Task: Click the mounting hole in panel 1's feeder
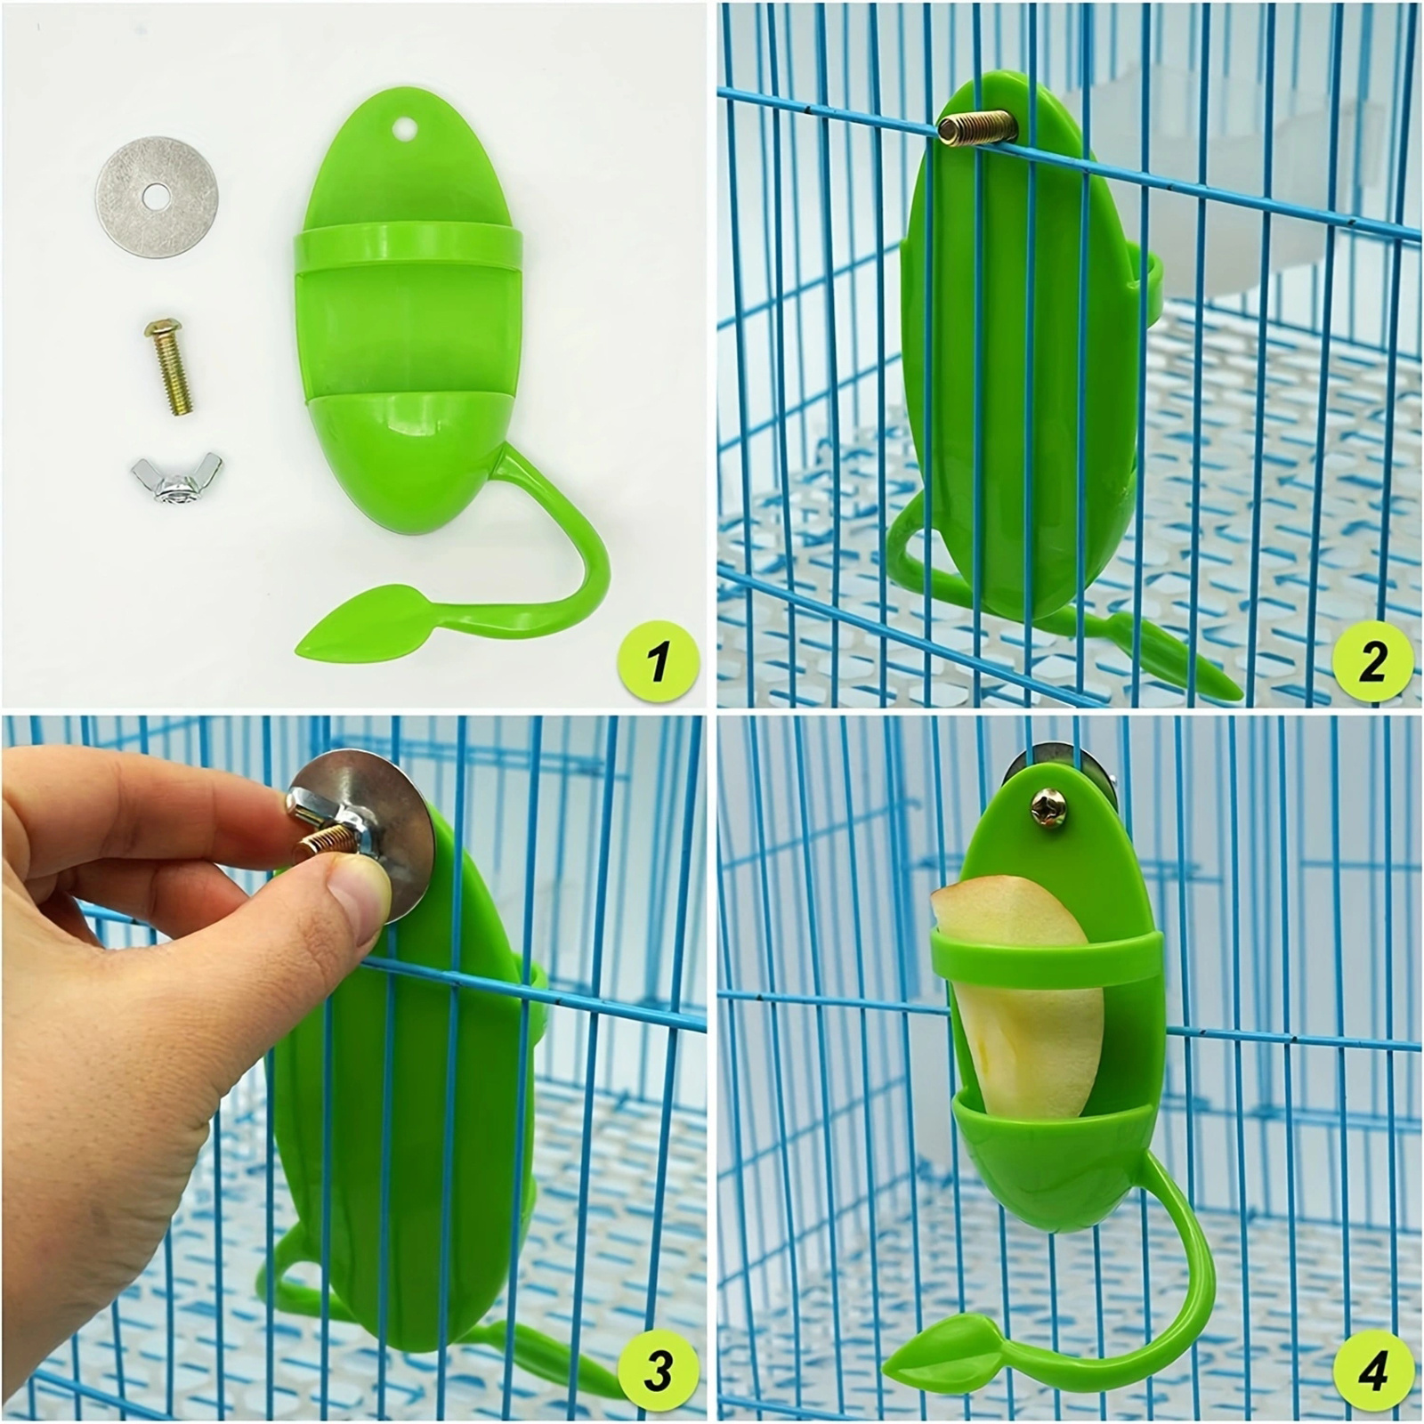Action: coord(406,128)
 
